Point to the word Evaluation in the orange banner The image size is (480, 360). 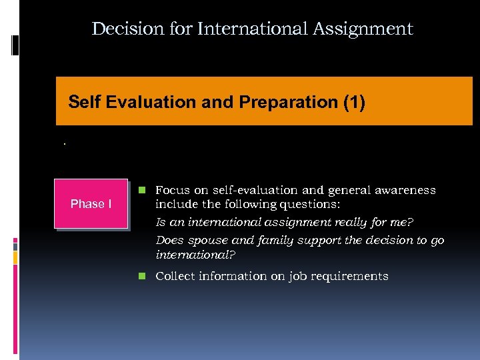tap(143, 102)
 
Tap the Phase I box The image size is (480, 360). tap(91, 204)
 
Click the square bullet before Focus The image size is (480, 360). tap(142, 190)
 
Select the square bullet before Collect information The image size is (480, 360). tap(142, 276)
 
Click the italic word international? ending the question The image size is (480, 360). tap(195, 255)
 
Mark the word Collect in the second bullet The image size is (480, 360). tap(175, 276)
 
